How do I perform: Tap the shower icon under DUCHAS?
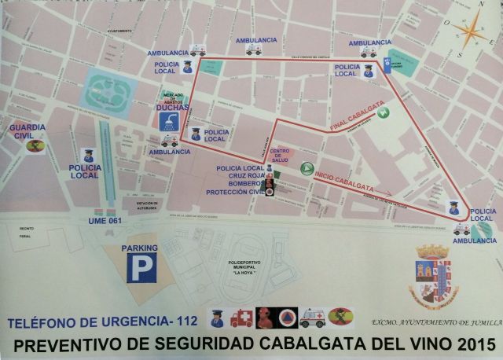tap(167, 120)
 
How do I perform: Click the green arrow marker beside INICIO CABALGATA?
tap(307, 169)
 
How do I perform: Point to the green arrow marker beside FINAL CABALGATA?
tap(384, 112)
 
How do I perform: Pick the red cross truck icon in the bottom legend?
tap(242, 318)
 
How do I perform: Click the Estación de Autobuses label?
tap(149, 205)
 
